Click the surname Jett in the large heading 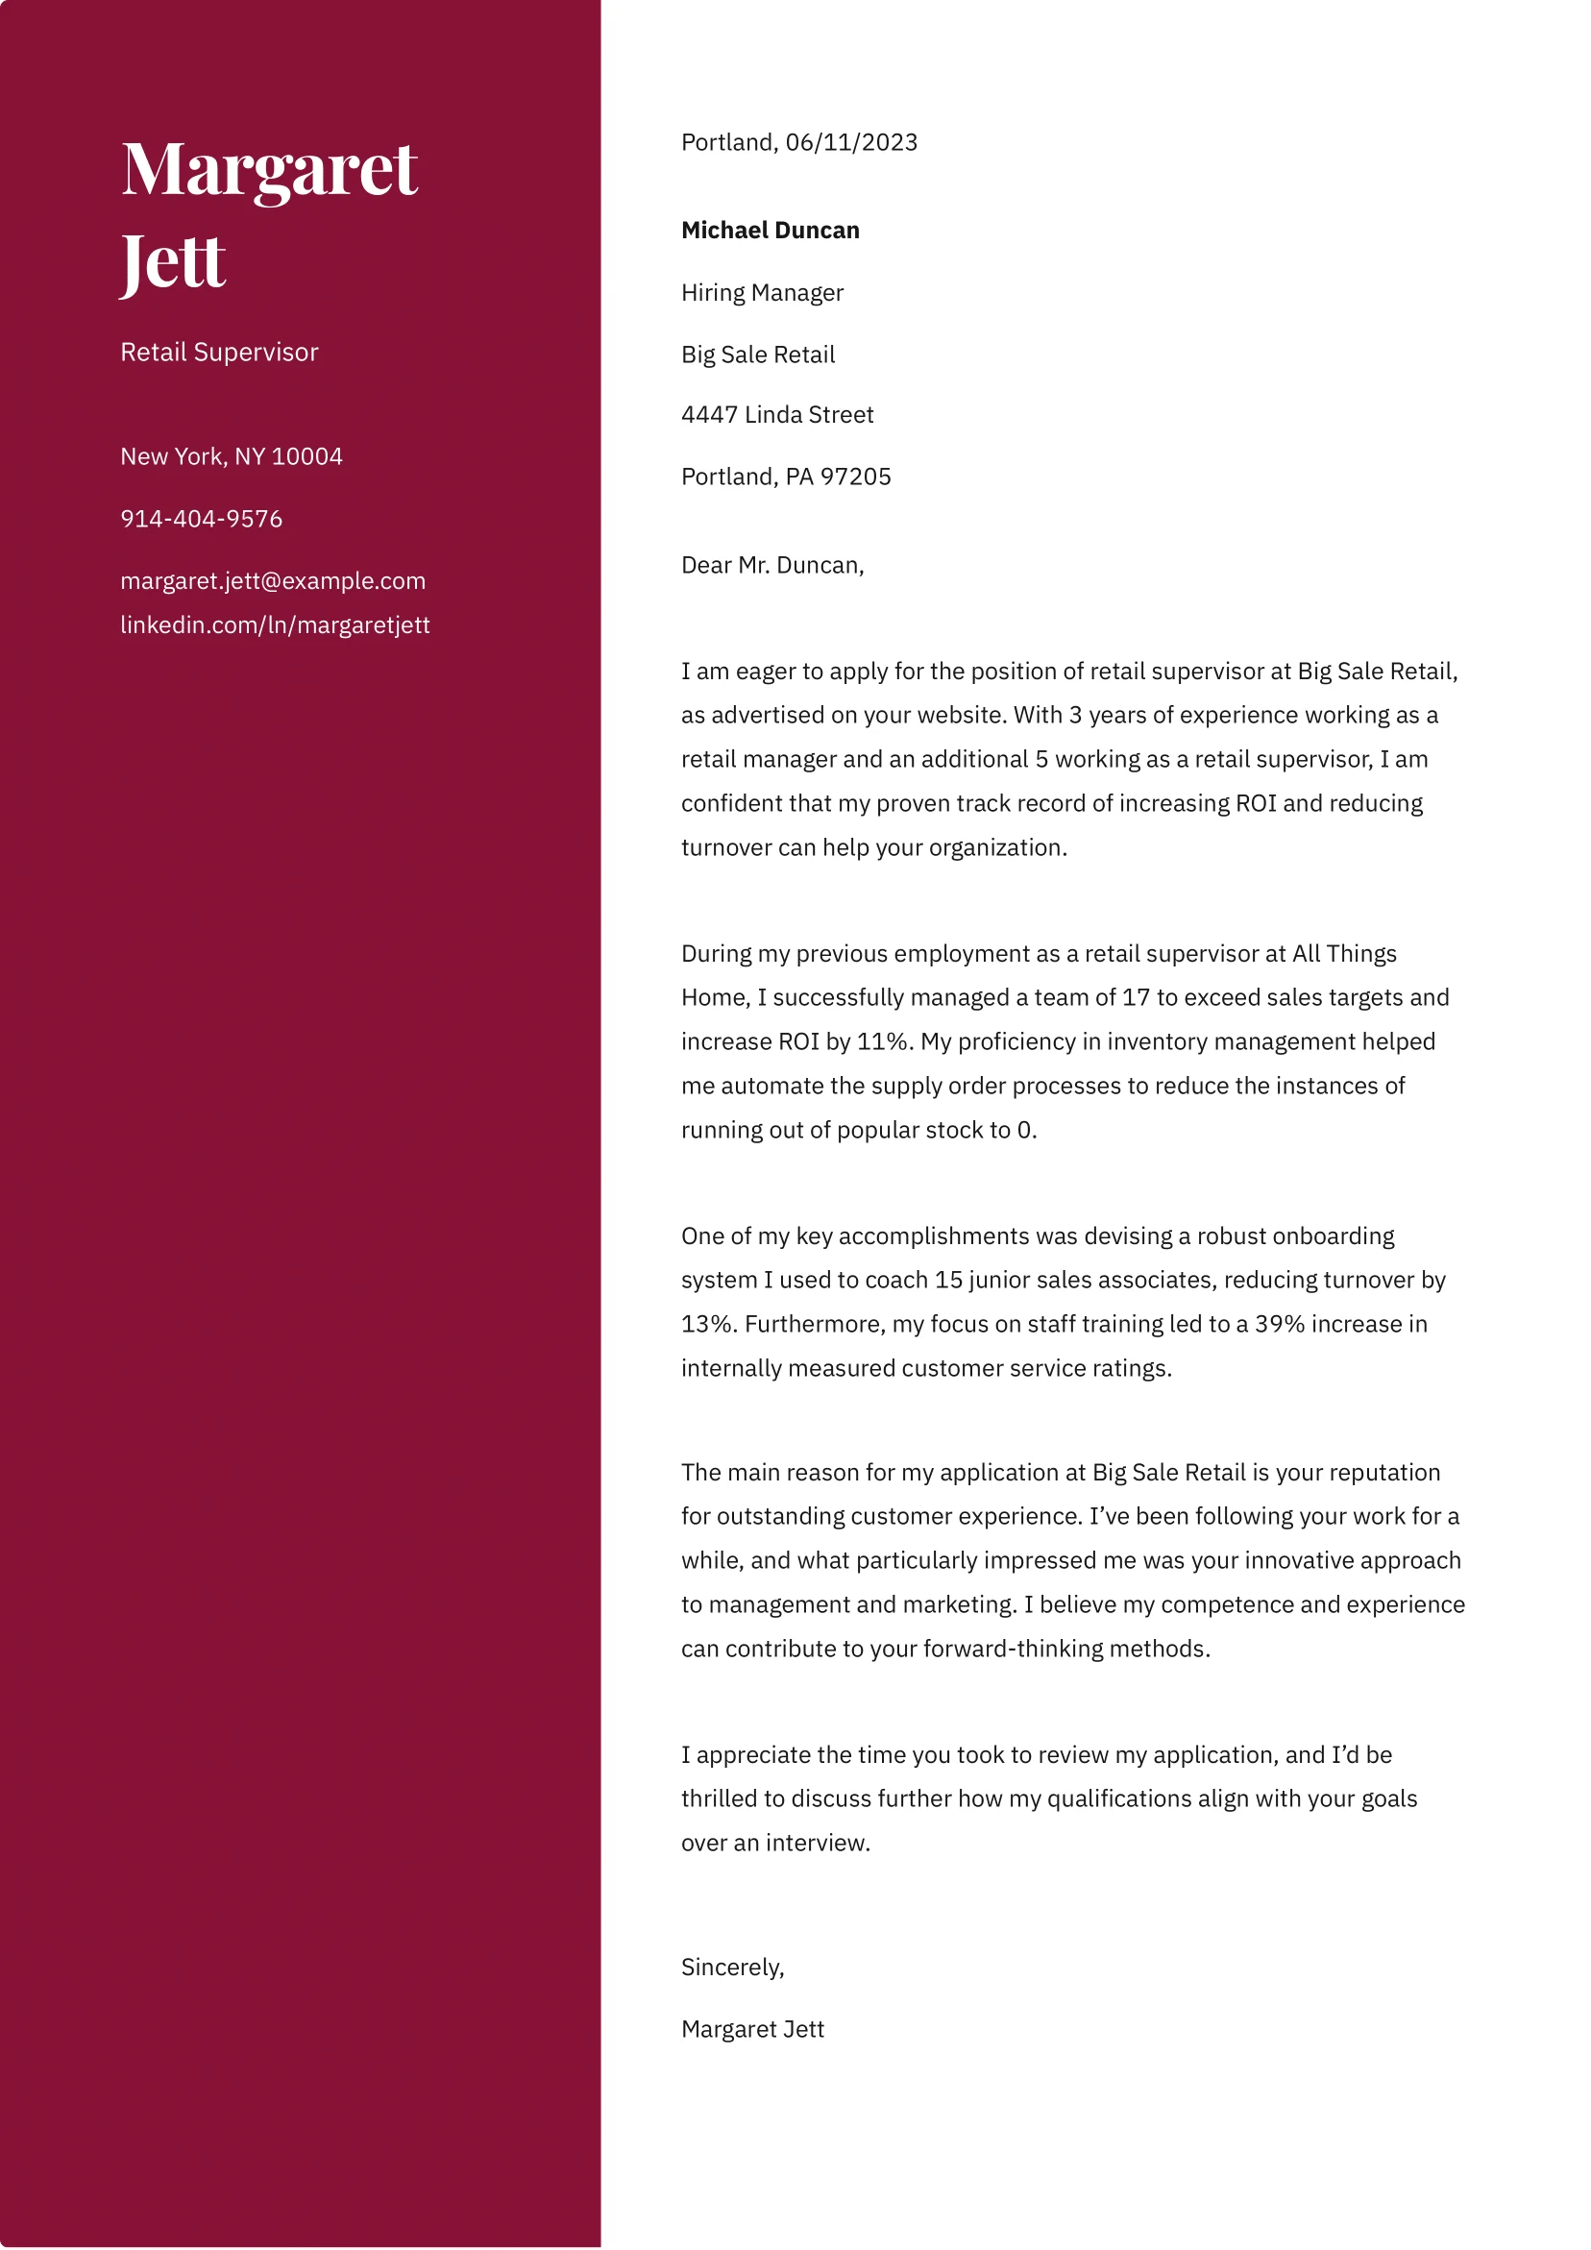pyautogui.click(x=173, y=261)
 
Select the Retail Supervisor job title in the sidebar pyautogui.click(x=219, y=353)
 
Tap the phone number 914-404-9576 pyautogui.click(x=201, y=520)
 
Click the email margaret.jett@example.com pyautogui.click(x=273, y=581)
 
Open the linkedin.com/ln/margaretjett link pyautogui.click(x=275, y=625)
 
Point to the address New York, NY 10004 pyautogui.click(x=232, y=456)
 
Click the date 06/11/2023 pyautogui.click(x=851, y=143)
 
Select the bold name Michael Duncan pyautogui.click(x=770, y=231)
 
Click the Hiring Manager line pyautogui.click(x=762, y=293)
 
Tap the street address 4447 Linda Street pyautogui.click(x=776, y=414)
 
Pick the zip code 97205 pyautogui.click(x=855, y=477)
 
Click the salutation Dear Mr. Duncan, pyautogui.click(x=771, y=566)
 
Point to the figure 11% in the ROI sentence pyautogui.click(x=883, y=1041)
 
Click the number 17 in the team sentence pyautogui.click(x=1136, y=997)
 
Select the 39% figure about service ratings pyautogui.click(x=1280, y=1324)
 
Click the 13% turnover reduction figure pyautogui.click(x=708, y=1324)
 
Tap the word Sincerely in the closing pyautogui.click(x=730, y=1968)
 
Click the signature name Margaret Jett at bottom pyautogui.click(x=752, y=2029)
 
